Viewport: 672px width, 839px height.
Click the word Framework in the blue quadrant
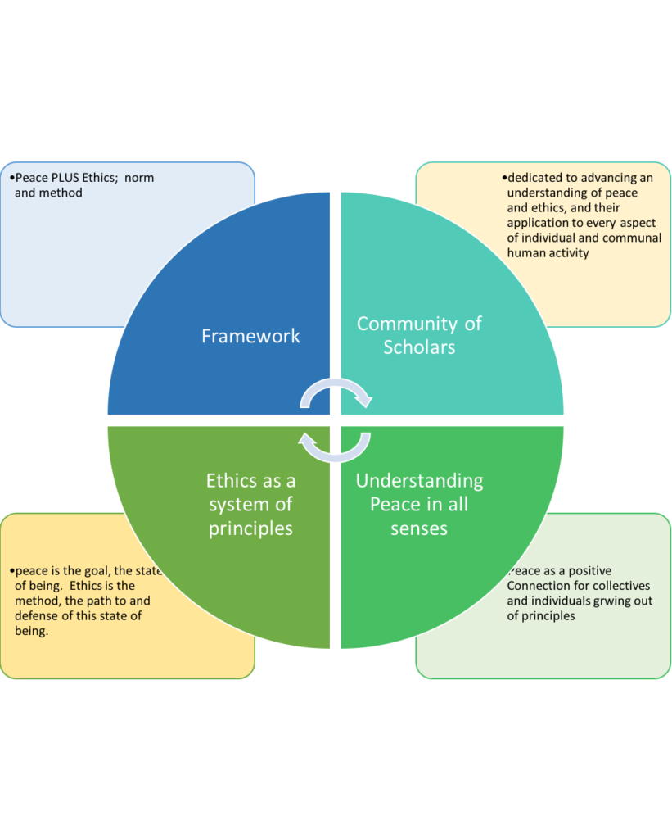point(250,336)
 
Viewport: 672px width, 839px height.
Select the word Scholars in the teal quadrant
point(419,347)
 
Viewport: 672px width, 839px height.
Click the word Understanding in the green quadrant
point(419,480)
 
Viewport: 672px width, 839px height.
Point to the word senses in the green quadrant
point(419,528)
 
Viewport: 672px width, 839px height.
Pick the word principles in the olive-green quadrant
point(250,528)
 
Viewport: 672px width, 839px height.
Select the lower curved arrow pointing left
point(336,447)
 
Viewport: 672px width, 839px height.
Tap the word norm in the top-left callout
point(139,178)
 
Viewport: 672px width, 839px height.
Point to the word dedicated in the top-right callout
point(535,178)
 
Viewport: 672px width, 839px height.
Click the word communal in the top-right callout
point(626,238)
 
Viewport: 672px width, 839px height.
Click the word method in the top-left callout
point(61,193)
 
